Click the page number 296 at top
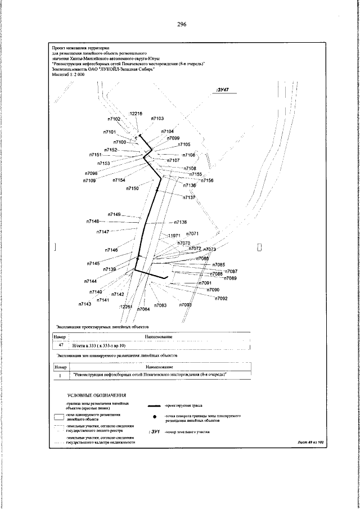point(181,25)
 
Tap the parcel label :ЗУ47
point(224,89)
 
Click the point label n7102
point(115,119)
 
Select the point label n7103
point(157,119)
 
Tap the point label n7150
point(132,188)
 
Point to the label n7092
point(220,298)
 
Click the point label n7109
point(89,181)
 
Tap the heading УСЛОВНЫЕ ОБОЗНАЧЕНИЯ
point(97,396)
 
